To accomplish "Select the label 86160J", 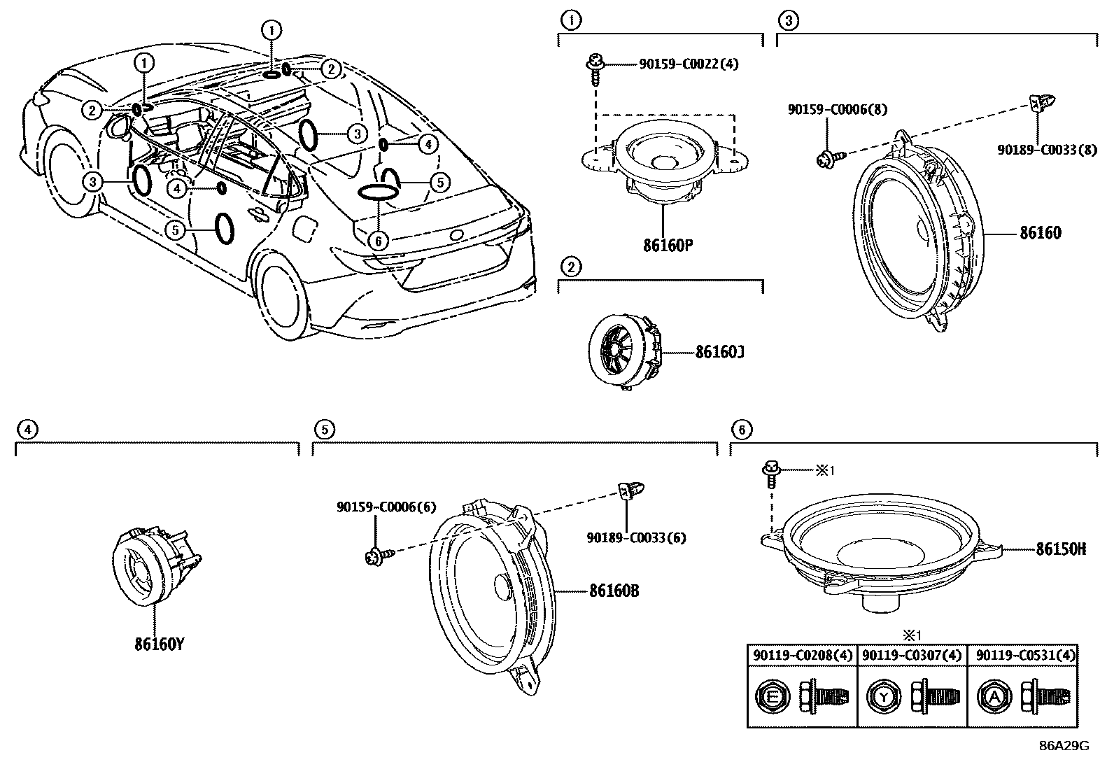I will click(x=719, y=352).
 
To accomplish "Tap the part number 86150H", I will click(x=1061, y=549).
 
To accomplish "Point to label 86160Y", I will click(x=160, y=644).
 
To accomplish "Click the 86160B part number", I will click(x=614, y=591).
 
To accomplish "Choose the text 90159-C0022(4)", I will click(x=689, y=64).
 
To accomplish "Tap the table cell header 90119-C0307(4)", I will click(x=912, y=655).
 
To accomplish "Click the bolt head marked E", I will click(x=772, y=696).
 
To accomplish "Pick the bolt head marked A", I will click(x=994, y=696).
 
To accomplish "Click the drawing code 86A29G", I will click(x=1064, y=745).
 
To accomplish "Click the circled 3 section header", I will click(x=788, y=21).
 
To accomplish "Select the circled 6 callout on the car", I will click(x=378, y=241).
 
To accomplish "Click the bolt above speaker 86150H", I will click(x=771, y=474).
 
